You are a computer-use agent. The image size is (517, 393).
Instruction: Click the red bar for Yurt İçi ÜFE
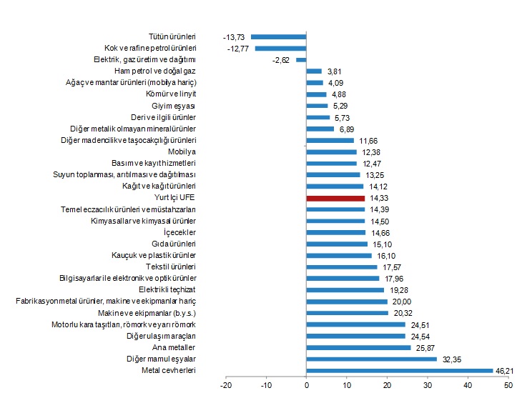[x=335, y=198]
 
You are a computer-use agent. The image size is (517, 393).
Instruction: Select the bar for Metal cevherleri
[x=400, y=370]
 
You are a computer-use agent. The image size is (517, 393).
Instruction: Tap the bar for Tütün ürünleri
[x=278, y=36]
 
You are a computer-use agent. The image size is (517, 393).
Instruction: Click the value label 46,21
[x=504, y=370]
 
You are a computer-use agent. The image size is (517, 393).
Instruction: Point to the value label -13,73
[x=234, y=36]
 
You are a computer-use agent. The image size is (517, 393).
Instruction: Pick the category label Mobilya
[x=182, y=151]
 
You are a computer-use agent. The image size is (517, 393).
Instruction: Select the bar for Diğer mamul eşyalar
[x=372, y=359]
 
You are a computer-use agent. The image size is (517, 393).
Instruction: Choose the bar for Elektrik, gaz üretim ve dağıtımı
[x=301, y=60]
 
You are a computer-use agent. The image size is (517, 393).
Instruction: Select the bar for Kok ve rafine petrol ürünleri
[x=280, y=48]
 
